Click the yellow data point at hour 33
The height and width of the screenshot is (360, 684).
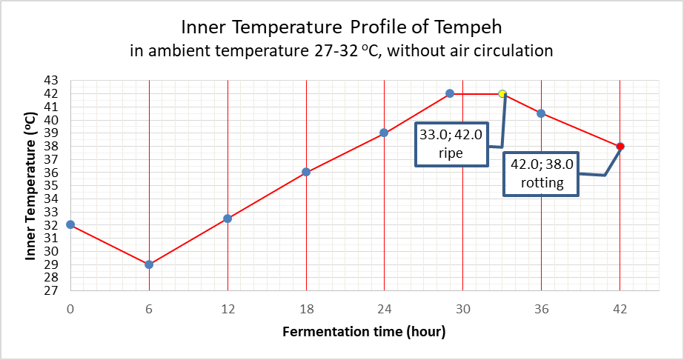click(x=502, y=94)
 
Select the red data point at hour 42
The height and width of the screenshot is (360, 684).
click(x=620, y=147)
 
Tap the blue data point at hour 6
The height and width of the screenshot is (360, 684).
click(x=149, y=264)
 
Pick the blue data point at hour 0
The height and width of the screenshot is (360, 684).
click(x=70, y=224)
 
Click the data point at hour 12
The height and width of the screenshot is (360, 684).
click(x=228, y=219)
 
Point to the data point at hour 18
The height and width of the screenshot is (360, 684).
click(x=306, y=173)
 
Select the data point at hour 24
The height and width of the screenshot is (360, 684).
click(x=384, y=133)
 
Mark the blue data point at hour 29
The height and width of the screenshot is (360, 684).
click(x=450, y=93)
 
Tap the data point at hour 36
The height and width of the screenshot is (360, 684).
click(x=542, y=113)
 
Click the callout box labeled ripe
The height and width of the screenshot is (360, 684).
click(x=451, y=144)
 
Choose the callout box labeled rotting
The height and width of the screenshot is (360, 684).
click(x=542, y=174)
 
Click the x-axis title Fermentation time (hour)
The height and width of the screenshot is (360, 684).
click(x=364, y=332)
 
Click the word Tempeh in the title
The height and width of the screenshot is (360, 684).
click(x=470, y=28)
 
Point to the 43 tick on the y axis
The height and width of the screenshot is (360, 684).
click(x=53, y=80)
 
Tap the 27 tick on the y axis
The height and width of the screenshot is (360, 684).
click(x=53, y=290)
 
